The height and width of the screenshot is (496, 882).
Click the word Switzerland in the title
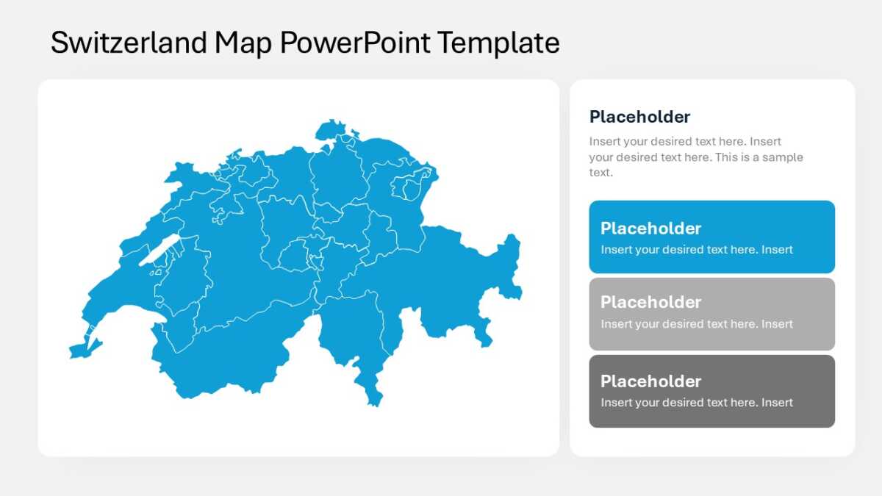[129, 42]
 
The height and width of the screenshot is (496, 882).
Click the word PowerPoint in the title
[355, 42]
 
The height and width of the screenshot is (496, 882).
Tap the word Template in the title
[498, 43]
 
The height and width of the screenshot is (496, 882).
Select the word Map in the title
[243, 43]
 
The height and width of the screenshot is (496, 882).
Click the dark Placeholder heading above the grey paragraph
[639, 117]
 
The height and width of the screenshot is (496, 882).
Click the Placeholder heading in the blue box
[650, 229]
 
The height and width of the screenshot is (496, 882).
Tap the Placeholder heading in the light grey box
[650, 302]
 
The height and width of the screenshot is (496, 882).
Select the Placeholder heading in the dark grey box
[650, 381]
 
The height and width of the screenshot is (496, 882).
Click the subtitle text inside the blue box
[697, 250]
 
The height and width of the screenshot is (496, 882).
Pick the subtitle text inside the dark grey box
[697, 403]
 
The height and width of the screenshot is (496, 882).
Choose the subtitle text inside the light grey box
[697, 324]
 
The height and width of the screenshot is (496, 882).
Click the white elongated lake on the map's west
[159, 251]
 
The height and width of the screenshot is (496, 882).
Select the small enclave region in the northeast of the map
[412, 190]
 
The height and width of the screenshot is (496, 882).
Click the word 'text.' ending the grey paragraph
[601, 173]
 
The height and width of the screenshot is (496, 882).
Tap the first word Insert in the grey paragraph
[603, 141]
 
